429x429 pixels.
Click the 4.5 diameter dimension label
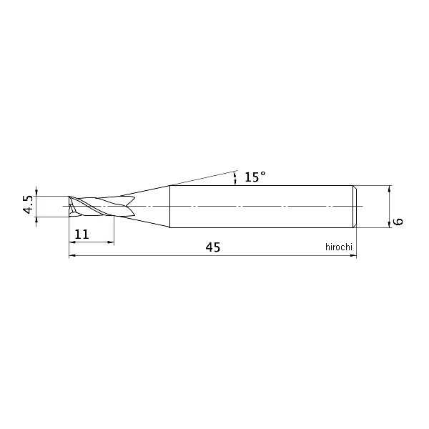tap(28, 204)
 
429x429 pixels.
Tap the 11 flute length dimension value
tap(82, 235)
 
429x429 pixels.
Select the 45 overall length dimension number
tap(213, 247)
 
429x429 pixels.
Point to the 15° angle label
tap(255, 177)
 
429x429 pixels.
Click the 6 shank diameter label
tap(399, 221)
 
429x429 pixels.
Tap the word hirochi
tap(339, 247)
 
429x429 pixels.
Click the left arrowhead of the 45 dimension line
tap(72, 255)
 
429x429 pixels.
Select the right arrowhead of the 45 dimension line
tap(353, 255)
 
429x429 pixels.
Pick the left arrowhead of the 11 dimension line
tap(72, 242)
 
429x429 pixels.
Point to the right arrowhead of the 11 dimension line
tap(111, 242)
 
